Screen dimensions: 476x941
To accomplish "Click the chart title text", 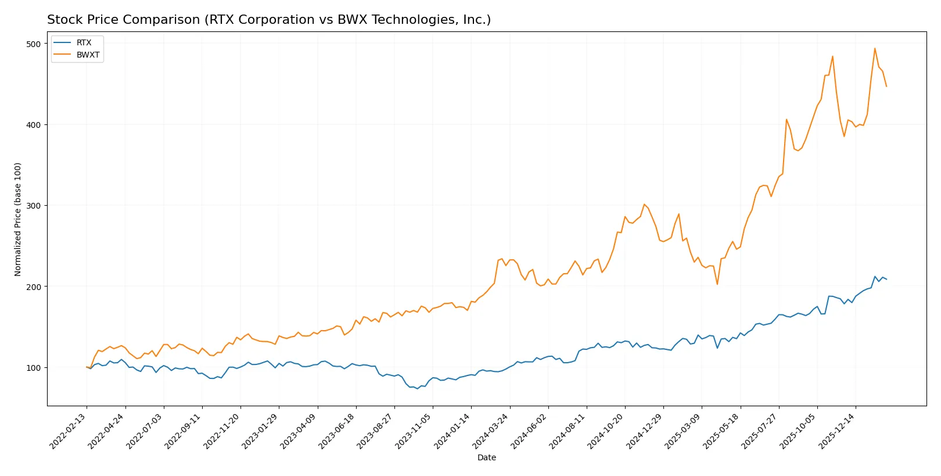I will pos(268,20).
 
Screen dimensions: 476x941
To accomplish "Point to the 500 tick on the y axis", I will pos(34,44).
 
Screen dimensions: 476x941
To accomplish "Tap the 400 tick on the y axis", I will pos(34,125).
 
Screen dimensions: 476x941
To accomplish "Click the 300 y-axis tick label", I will pos(34,206).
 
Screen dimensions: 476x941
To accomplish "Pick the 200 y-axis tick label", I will pos(34,287).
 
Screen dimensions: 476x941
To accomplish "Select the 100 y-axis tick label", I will pos(34,367).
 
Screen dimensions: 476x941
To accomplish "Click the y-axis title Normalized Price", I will pos(17,219).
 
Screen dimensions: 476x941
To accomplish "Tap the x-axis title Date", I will pos(486,457).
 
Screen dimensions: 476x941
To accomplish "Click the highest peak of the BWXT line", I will pos(875,48).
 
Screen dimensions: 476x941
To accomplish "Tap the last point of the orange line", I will pos(886,87).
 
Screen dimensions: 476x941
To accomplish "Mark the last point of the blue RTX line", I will pos(886,280).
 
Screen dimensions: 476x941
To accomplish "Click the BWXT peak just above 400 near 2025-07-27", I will pos(786,119).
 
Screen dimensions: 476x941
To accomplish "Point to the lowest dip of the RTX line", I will pos(417,389).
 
